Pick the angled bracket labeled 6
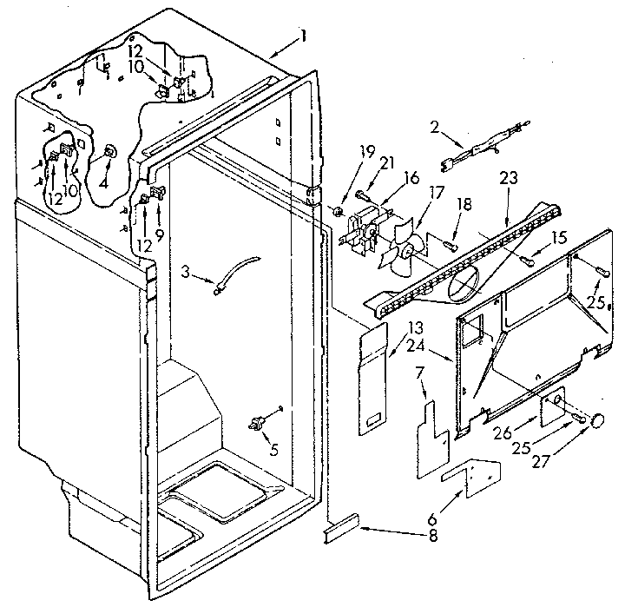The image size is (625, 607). pos(471,479)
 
